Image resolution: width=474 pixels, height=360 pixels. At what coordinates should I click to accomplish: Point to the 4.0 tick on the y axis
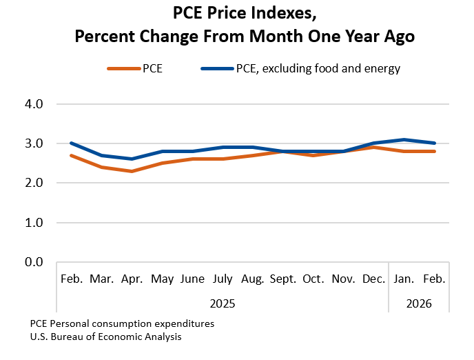34,104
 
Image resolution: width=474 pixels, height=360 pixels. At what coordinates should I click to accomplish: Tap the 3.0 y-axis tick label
34,143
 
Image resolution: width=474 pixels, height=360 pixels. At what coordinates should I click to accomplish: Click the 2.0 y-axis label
34,183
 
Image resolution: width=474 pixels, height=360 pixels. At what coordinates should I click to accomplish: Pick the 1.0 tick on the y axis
34,223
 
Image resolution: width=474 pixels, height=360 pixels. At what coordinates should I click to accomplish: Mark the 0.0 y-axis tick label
34,263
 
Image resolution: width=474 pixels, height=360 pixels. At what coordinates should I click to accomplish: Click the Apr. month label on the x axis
132,279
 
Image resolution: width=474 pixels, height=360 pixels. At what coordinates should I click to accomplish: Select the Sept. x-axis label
282,279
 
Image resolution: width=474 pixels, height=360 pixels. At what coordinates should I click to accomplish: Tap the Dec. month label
373,279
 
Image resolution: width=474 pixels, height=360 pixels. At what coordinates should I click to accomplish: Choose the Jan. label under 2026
404,279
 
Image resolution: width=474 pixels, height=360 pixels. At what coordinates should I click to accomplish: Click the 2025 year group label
223,302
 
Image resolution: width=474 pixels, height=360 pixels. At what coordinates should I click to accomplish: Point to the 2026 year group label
419,302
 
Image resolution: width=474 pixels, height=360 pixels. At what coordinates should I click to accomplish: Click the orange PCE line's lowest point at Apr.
132,171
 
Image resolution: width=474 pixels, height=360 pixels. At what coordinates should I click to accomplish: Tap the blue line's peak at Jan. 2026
404,139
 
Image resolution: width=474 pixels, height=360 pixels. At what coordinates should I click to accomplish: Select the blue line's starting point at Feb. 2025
72,143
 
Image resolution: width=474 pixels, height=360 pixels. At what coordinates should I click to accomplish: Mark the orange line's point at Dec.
373,147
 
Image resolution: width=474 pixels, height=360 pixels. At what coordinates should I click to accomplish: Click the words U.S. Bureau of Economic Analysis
105,337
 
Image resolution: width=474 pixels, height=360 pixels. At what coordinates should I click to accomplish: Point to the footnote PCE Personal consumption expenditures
122,323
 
